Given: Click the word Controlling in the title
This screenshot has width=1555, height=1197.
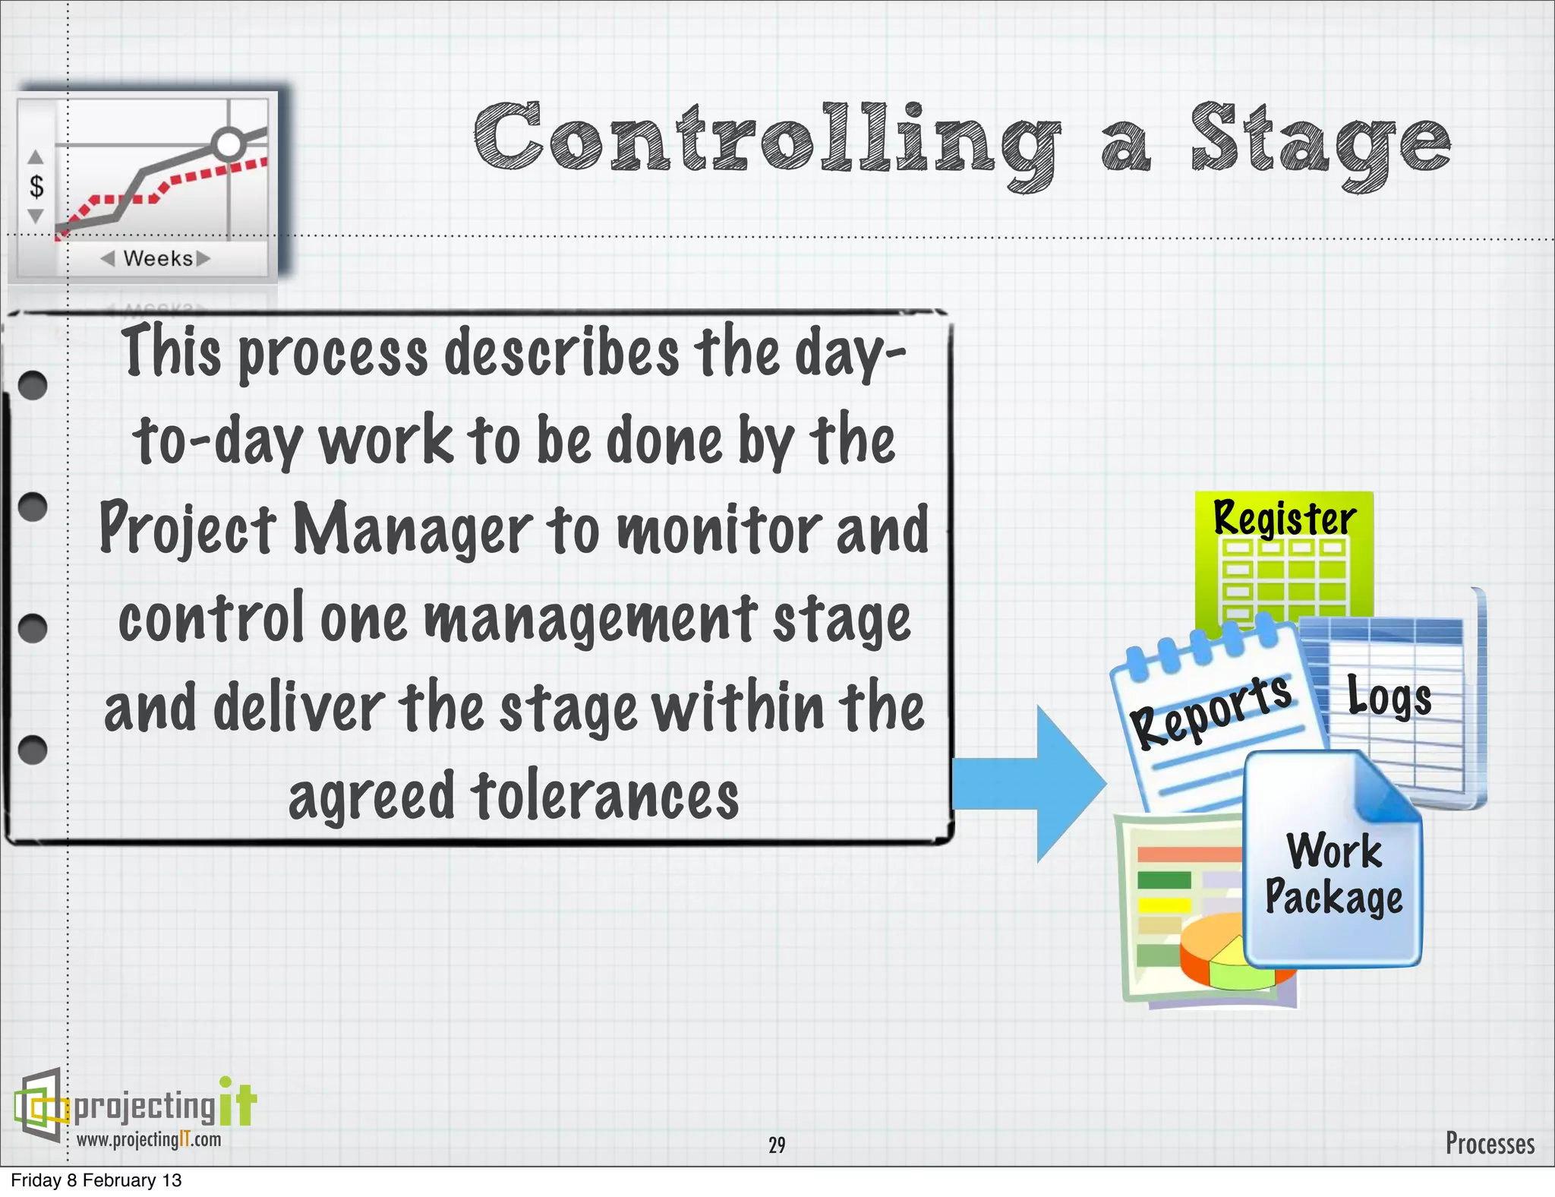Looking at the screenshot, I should click(x=767, y=141).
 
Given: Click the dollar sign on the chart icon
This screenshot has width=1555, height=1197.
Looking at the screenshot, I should click(x=36, y=186).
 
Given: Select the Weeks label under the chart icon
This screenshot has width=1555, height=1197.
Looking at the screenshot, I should click(x=157, y=258).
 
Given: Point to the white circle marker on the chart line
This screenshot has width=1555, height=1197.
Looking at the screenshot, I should click(x=229, y=143).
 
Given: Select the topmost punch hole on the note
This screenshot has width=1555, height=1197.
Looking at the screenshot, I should click(x=33, y=385).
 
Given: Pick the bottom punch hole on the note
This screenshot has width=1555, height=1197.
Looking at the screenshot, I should click(x=33, y=750).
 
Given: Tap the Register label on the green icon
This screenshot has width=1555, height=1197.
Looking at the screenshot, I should click(x=1284, y=518).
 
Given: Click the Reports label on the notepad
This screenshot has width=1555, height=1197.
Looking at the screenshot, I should click(x=1210, y=710).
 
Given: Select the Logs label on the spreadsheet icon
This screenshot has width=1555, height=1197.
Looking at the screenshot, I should click(x=1389, y=696).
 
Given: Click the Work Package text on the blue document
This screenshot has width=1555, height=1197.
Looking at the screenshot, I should click(x=1333, y=873).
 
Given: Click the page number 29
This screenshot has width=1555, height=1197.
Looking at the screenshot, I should click(x=777, y=1145).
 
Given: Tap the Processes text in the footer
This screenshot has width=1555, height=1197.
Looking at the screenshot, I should click(x=1489, y=1143).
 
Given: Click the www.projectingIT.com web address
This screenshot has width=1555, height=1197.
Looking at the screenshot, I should click(x=149, y=1139).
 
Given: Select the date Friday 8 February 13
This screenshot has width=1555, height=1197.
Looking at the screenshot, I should click(x=96, y=1180).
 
